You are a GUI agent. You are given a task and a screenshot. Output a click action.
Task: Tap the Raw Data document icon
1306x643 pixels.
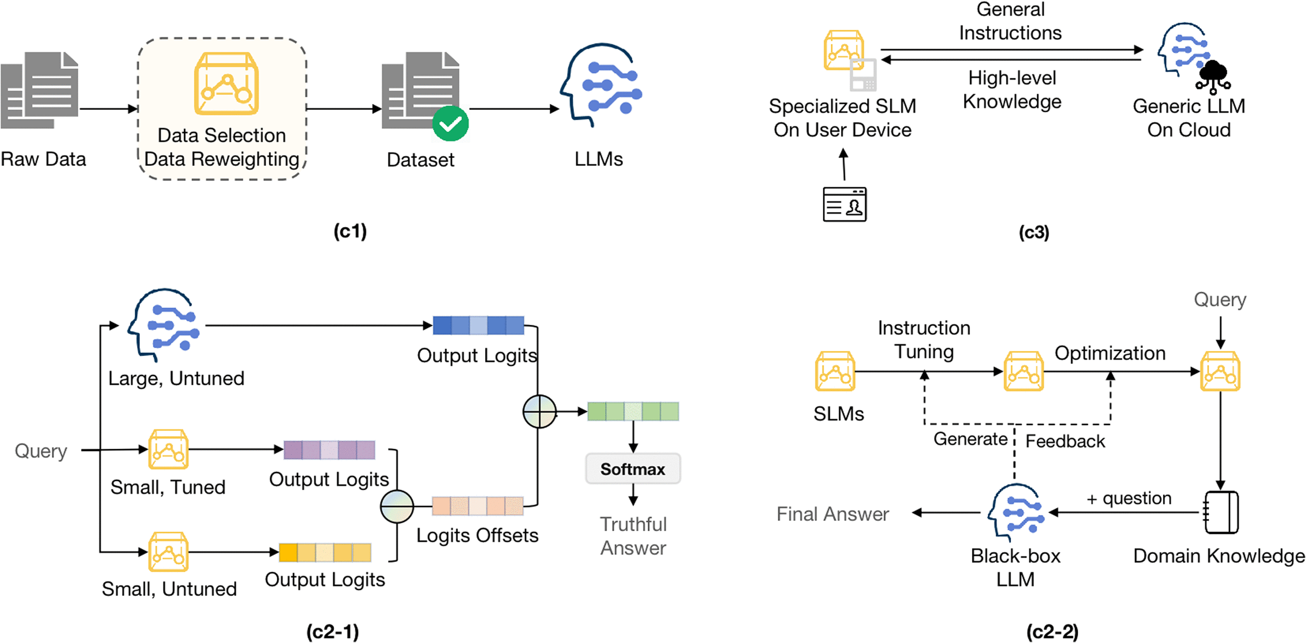(x=40, y=90)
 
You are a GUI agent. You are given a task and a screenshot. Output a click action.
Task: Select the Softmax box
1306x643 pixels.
(x=632, y=469)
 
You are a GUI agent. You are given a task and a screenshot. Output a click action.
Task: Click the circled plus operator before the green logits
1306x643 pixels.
(x=540, y=411)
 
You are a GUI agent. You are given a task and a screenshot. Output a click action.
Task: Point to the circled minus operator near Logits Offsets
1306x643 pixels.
(x=397, y=506)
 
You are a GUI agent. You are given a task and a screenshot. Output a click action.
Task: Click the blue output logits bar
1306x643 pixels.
(x=478, y=326)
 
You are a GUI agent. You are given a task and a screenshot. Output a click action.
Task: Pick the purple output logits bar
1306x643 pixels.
(x=329, y=450)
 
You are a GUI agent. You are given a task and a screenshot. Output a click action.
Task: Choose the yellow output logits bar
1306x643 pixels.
(x=325, y=552)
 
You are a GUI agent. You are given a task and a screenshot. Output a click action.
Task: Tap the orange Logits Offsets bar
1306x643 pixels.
(x=478, y=506)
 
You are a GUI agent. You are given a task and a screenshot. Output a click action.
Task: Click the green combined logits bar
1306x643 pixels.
(x=633, y=411)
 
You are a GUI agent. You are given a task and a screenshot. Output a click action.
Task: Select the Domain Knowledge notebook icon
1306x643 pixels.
(x=1221, y=512)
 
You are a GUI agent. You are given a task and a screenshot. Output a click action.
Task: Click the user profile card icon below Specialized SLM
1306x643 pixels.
(x=844, y=205)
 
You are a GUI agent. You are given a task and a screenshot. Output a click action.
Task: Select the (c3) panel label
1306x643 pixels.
(x=1034, y=232)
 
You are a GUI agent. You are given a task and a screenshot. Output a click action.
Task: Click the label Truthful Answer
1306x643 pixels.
(x=633, y=536)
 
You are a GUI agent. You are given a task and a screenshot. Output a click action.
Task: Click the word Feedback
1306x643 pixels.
(x=1065, y=441)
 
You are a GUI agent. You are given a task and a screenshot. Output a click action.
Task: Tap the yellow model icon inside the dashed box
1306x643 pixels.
(x=226, y=84)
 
